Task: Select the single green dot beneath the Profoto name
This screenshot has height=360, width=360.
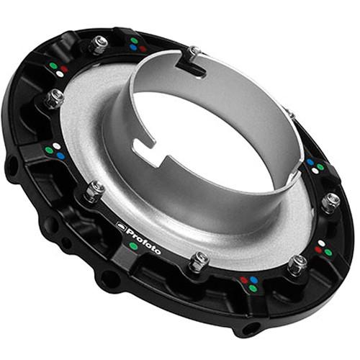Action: (x=133, y=247)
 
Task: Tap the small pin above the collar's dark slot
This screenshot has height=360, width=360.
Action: (x=192, y=51)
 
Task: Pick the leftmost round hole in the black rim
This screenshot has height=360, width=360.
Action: (x=13, y=170)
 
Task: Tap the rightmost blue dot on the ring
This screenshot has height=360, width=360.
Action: (x=310, y=163)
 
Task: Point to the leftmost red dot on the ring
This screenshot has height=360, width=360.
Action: (x=66, y=68)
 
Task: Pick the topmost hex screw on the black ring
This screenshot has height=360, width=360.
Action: (x=99, y=43)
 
